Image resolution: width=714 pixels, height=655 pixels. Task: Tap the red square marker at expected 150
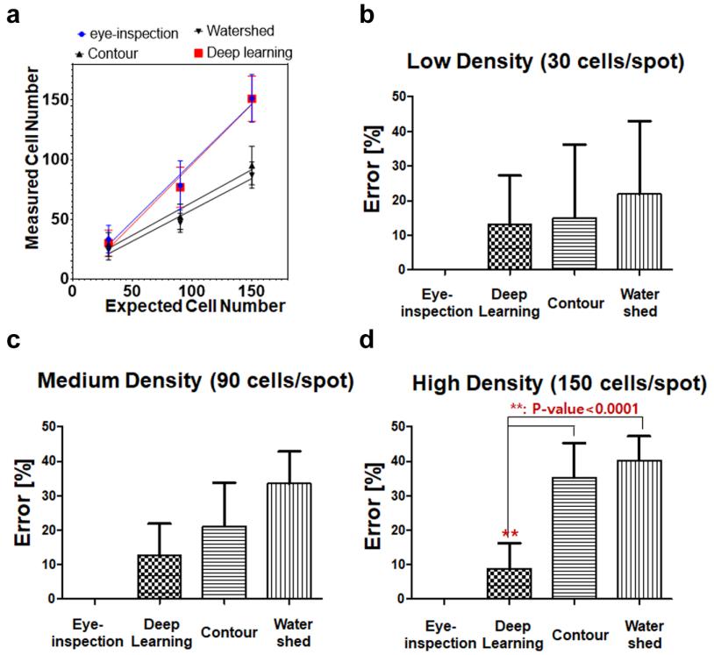coord(252,99)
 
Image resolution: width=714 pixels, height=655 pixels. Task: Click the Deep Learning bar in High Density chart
coord(509,583)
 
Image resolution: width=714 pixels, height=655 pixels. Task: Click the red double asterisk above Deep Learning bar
coord(509,533)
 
